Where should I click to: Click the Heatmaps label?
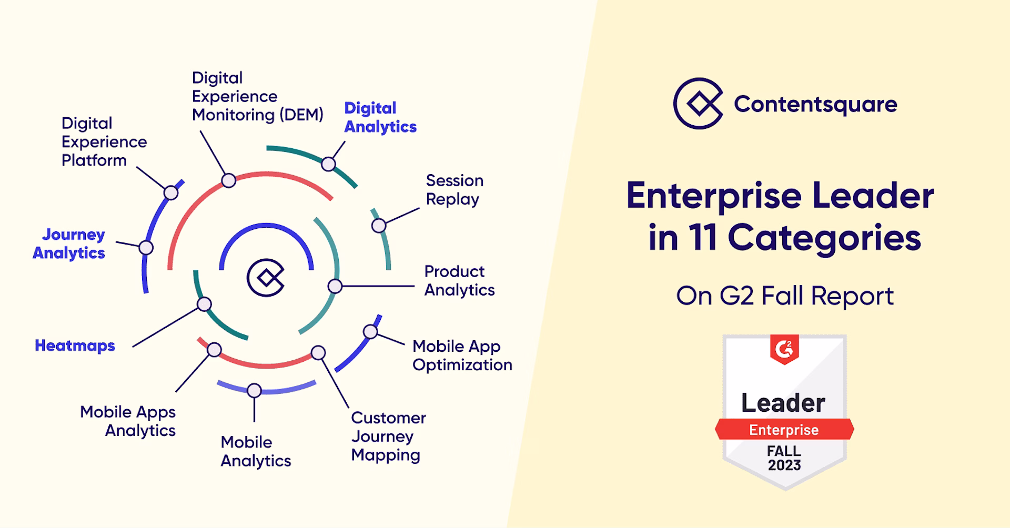(x=75, y=346)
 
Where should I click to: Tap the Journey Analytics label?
(x=69, y=243)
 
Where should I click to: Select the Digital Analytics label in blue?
(x=380, y=117)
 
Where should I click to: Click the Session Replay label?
(x=454, y=190)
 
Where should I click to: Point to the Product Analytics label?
(x=459, y=281)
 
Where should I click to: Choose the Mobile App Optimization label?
(x=462, y=356)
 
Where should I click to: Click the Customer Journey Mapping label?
(x=388, y=436)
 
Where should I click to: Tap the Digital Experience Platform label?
(x=104, y=141)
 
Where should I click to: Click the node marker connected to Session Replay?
(x=379, y=226)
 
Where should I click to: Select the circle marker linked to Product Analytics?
(x=335, y=287)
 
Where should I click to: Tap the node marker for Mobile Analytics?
(x=254, y=391)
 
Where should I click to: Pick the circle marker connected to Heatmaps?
(x=204, y=304)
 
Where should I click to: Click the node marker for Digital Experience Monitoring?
(x=228, y=180)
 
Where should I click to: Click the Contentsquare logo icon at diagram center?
(x=266, y=277)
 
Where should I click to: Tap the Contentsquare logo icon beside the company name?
(x=699, y=104)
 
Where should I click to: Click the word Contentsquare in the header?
(x=815, y=104)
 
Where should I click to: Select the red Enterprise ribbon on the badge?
(x=784, y=430)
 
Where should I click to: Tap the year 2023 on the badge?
(x=784, y=465)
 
